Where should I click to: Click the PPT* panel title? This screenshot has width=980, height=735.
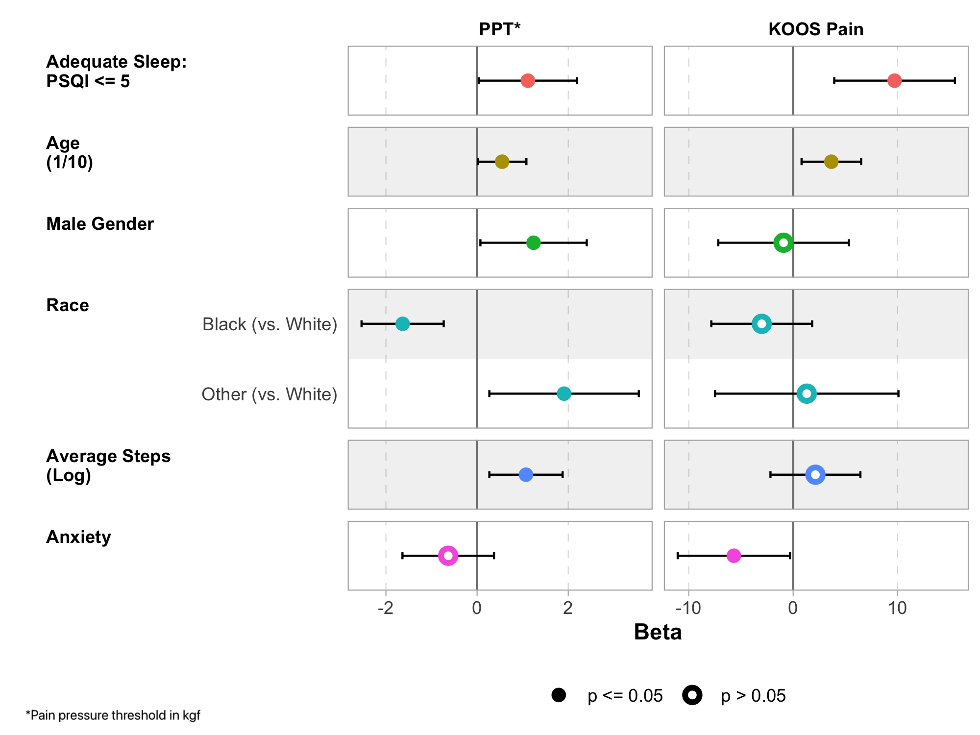(x=499, y=29)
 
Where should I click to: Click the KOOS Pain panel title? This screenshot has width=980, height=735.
(x=816, y=29)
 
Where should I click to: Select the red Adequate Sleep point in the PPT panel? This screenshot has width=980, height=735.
(x=527, y=81)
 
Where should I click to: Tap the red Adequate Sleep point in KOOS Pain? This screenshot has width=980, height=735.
(x=894, y=81)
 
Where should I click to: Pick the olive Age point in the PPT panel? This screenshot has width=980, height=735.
(x=502, y=162)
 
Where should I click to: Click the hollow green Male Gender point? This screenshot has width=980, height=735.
(x=783, y=243)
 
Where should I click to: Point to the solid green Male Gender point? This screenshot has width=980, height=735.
(x=533, y=243)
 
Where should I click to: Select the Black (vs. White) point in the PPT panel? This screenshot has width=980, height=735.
(x=402, y=324)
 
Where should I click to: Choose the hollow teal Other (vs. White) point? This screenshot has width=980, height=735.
(x=807, y=393)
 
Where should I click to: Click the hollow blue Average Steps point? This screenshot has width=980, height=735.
(x=815, y=474)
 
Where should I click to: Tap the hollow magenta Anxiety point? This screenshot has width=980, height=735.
(x=448, y=556)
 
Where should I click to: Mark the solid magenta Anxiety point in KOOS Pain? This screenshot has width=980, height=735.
(x=734, y=556)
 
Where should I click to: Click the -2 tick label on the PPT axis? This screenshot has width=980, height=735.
(x=386, y=608)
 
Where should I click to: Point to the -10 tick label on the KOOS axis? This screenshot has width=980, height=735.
(x=688, y=608)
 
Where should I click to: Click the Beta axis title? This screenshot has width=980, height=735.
(x=658, y=632)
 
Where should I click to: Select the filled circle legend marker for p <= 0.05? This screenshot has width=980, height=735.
(x=559, y=695)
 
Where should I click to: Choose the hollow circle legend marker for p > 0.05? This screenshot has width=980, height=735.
(x=692, y=695)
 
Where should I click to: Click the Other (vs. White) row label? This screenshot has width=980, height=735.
(x=269, y=394)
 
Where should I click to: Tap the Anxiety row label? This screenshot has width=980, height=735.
(x=78, y=537)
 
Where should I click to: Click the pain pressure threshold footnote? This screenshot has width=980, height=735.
(x=113, y=715)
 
